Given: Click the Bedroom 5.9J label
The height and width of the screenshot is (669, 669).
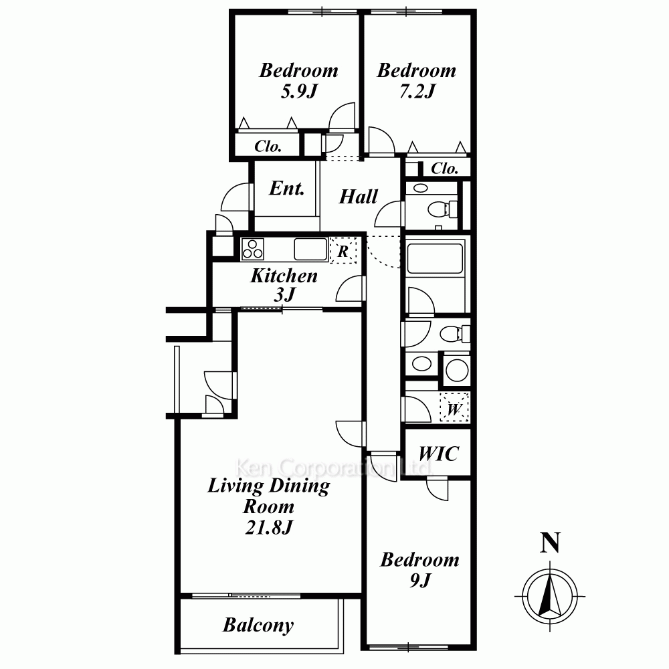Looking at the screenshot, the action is pyautogui.click(x=298, y=81).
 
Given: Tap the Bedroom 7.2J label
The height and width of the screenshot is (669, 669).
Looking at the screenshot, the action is pyautogui.click(x=417, y=81).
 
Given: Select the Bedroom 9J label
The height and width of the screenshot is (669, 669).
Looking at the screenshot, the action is pyautogui.click(x=420, y=569).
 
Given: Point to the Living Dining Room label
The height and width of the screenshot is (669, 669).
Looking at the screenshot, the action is pyautogui.click(x=269, y=506).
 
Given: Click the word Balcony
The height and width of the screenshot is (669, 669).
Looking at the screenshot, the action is pyautogui.click(x=258, y=626).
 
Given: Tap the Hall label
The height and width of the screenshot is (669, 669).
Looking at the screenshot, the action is pyautogui.click(x=359, y=197).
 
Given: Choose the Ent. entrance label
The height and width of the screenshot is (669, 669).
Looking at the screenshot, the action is pyautogui.click(x=287, y=188).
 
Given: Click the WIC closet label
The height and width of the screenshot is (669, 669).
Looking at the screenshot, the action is pyautogui.click(x=439, y=454).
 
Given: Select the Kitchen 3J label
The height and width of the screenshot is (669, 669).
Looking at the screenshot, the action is pyautogui.click(x=284, y=285).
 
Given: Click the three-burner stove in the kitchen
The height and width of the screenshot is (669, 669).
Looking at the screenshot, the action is pyautogui.click(x=253, y=249).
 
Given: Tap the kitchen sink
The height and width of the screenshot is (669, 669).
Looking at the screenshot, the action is pyautogui.click(x=310, y=249).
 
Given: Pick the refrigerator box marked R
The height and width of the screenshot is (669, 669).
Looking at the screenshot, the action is pyautogui.click(x=343, y=250).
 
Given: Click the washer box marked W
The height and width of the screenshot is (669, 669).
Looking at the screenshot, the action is pyautogui.click(x=454, y=407).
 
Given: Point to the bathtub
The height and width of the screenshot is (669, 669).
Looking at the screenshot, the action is pyautogui.click(x=436, y=258).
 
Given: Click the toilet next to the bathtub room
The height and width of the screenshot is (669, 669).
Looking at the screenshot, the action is pyautogui.click(x=455, y=334).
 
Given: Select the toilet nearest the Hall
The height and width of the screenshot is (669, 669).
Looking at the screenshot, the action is pyautogui.click(x=442, y=209).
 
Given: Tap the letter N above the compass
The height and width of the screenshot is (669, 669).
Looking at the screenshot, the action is pyautogui.click(x=550, y=543).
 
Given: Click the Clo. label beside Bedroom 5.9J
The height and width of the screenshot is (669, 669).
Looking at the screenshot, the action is pyautogui.click(x=268, y=147).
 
